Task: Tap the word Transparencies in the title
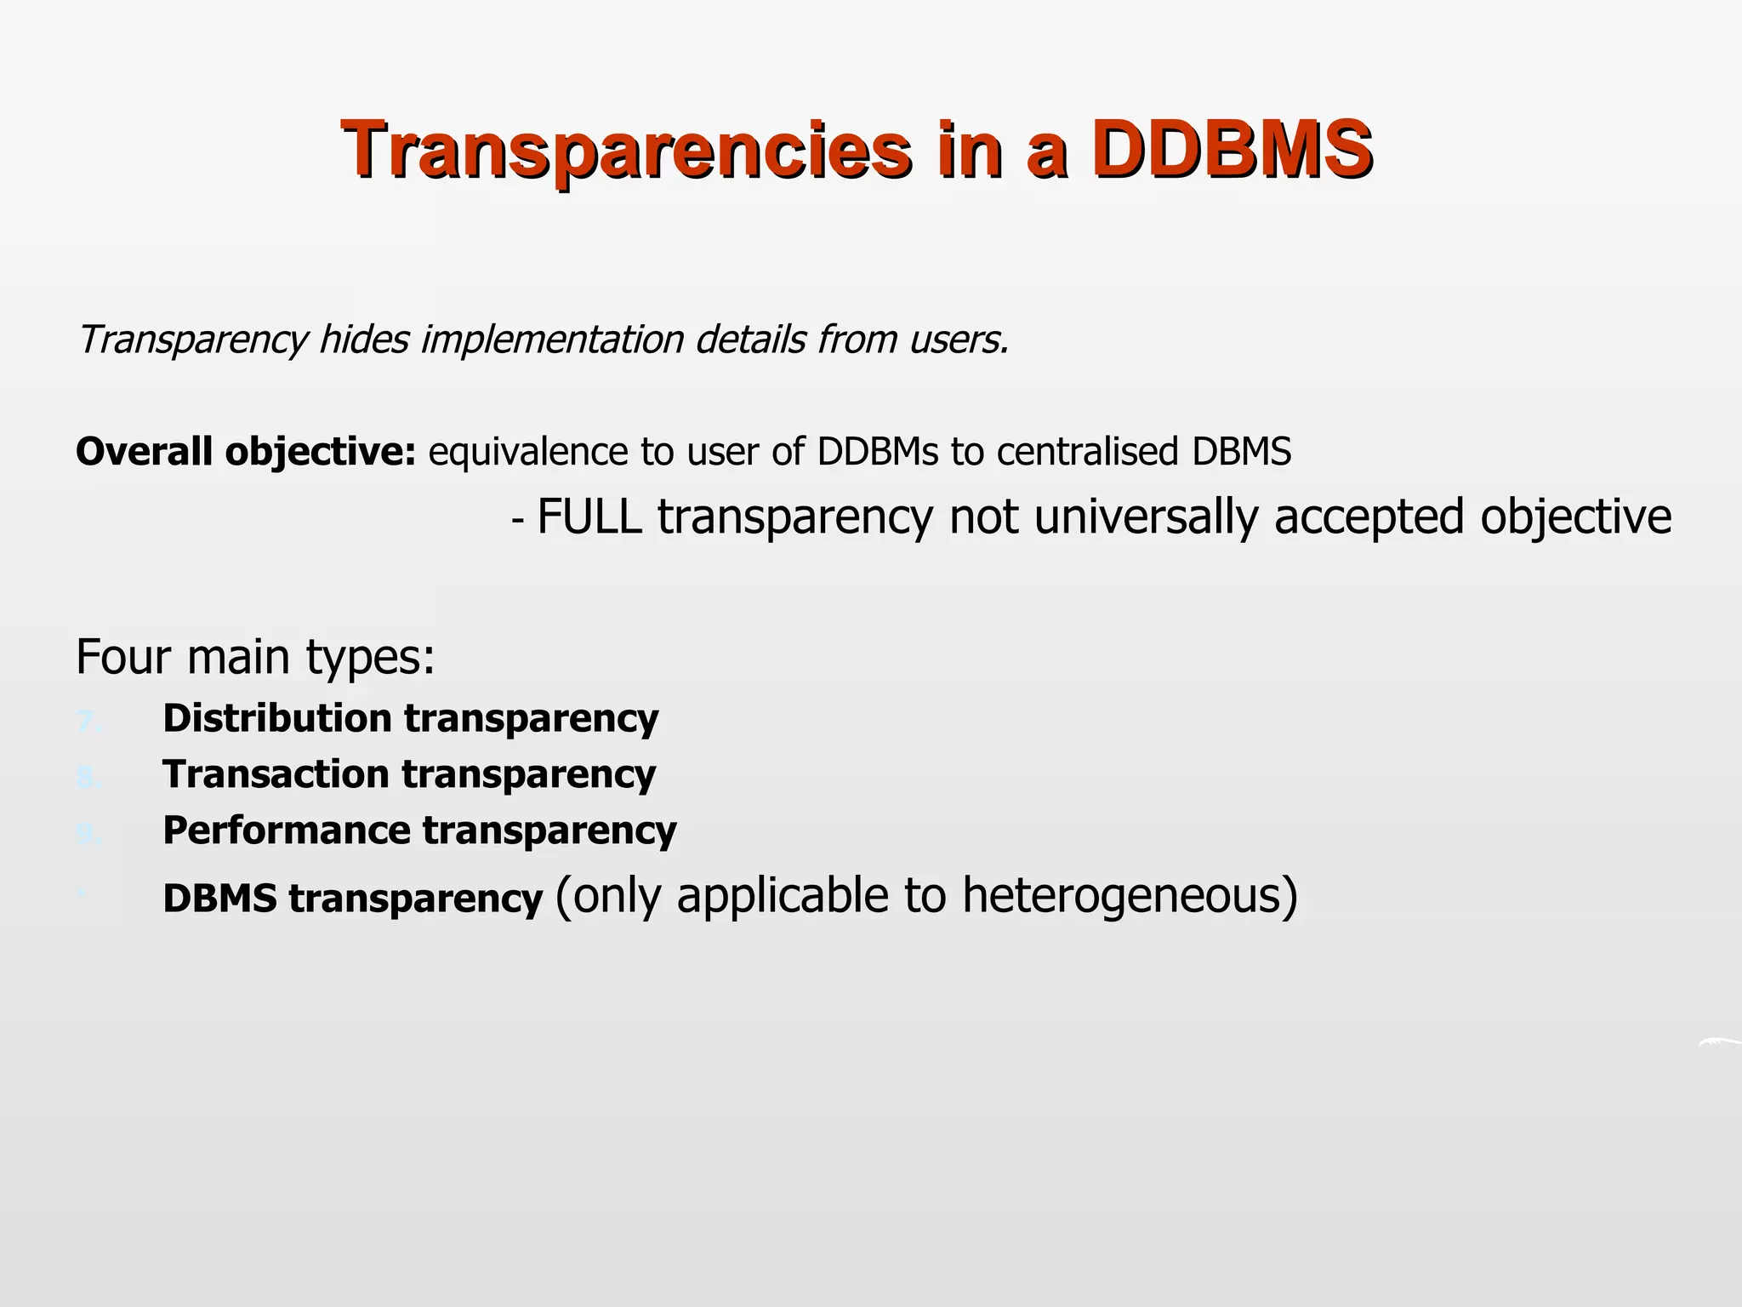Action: pos(626,150)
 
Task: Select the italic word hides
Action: pos(364,340)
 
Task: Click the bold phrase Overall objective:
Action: pos(246,452)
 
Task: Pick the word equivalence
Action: pos(528,452)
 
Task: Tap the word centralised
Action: pos(1087,452)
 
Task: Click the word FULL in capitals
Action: pos(589,517)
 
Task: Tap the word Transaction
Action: pos(276,774)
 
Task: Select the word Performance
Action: pos(287,830)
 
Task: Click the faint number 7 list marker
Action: pos(88,722)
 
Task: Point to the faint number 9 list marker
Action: pos(88,835)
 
